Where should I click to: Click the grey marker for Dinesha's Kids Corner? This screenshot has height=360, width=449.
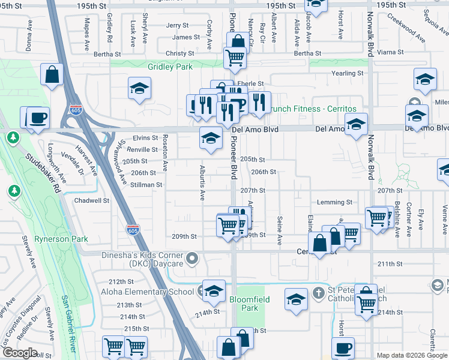(192, 260)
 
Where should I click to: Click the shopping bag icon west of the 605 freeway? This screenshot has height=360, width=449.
(52, 76)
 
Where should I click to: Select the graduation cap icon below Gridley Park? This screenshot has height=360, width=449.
(139, 89)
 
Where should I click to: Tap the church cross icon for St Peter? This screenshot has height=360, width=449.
(319, 292)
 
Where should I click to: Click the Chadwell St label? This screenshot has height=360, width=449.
(91, 201)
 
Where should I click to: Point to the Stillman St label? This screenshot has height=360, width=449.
(146, 185)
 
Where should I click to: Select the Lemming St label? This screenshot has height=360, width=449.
(334, 203)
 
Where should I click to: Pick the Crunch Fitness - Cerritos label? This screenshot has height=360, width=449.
(311, 109)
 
